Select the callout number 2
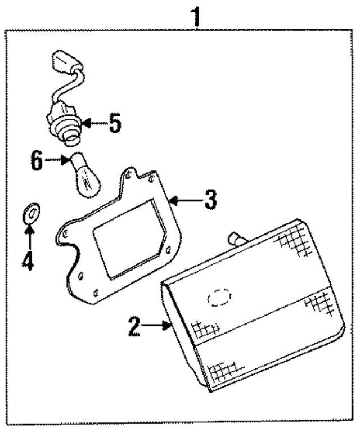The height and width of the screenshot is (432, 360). point(133,326)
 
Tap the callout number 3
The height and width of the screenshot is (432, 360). point(210,200)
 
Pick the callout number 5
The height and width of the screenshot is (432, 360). point(115,123)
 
